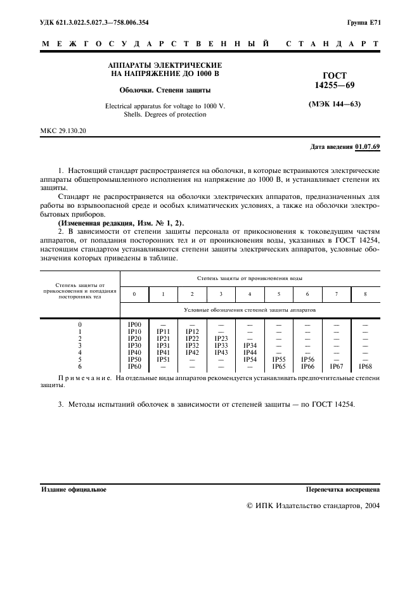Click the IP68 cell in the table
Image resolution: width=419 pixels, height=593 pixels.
point(366,366)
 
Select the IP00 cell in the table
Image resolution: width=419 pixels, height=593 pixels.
point(134,324)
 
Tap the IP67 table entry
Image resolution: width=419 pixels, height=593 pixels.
point(337,366)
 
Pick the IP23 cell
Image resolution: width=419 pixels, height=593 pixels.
point(221,338)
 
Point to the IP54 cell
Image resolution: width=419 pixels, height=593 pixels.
point(250,359)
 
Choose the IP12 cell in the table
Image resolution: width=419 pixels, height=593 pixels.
point(192,331)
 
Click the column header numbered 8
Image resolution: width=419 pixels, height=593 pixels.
point(366,294)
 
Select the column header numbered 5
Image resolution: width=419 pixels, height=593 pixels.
point(278,294)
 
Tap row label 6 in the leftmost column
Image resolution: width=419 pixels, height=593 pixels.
point(80,366)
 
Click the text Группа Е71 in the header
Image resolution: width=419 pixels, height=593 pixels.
point(364,23)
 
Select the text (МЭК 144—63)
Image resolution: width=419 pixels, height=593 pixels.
point(334,103)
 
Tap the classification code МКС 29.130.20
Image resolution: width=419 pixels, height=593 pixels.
point(63,130)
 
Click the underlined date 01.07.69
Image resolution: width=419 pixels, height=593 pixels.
point(368,146)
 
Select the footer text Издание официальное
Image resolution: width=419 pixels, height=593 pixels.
point(74,489)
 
